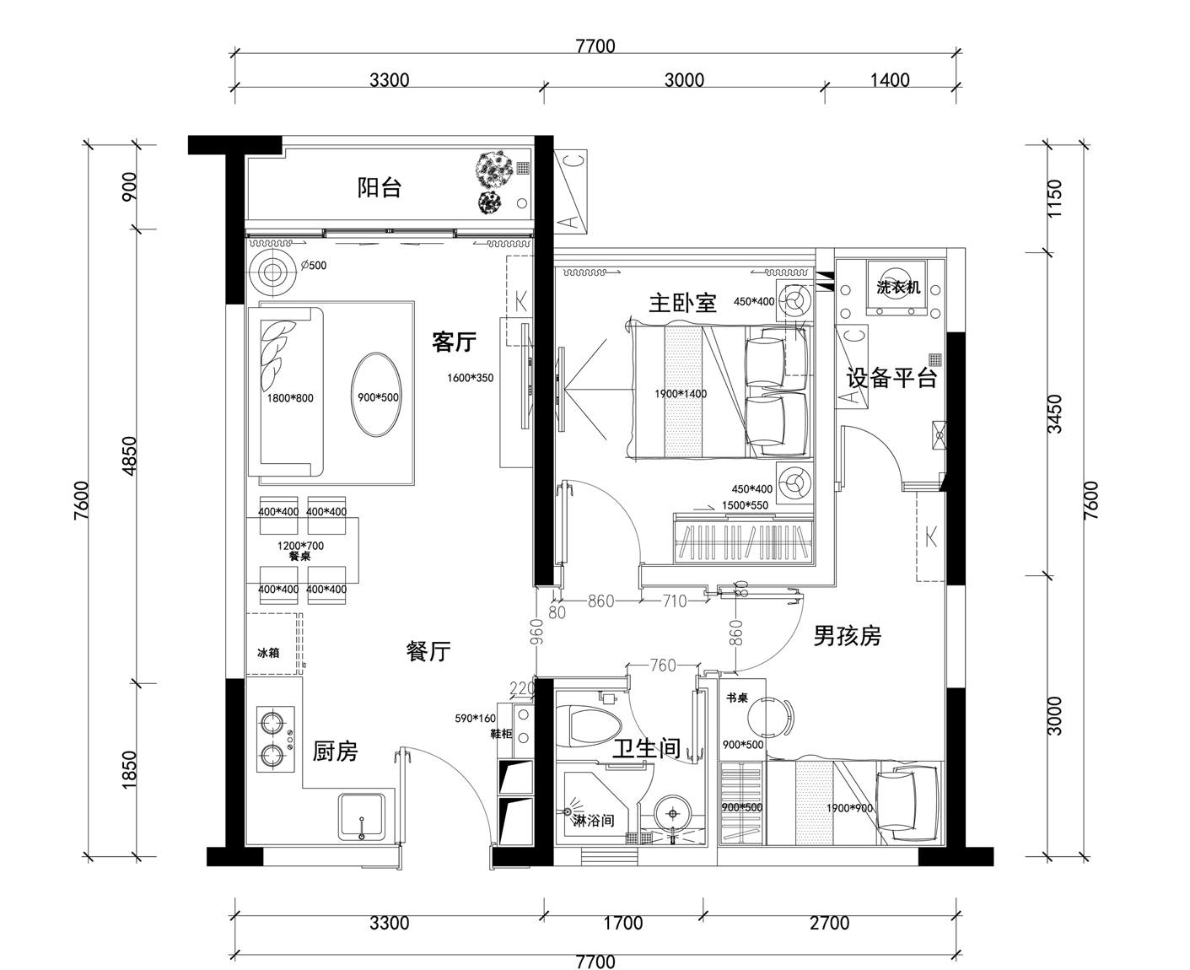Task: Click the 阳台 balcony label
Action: [x=380, y=187]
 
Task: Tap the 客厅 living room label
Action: [x=454, y=342]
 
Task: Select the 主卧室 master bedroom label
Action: [x=681, y=302]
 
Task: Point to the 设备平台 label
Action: [x=891, y=378]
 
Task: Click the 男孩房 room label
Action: [x=847, y=635]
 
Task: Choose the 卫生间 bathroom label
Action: [x=646, y=747]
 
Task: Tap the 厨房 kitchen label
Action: [x=335, y=751]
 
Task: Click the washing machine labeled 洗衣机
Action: [x=898, y=288]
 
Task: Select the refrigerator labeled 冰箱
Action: [x=269, y=653]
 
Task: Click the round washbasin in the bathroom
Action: [x=672, y=813]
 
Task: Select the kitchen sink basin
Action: [x=362, y=817]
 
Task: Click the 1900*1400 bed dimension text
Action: [x=681, y=394]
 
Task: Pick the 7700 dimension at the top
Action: [x=595, y=46]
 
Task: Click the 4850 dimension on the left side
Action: [x=129, y=456]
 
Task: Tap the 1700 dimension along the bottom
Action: [x=623, y=923]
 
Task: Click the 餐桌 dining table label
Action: [x=300, y=557]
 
